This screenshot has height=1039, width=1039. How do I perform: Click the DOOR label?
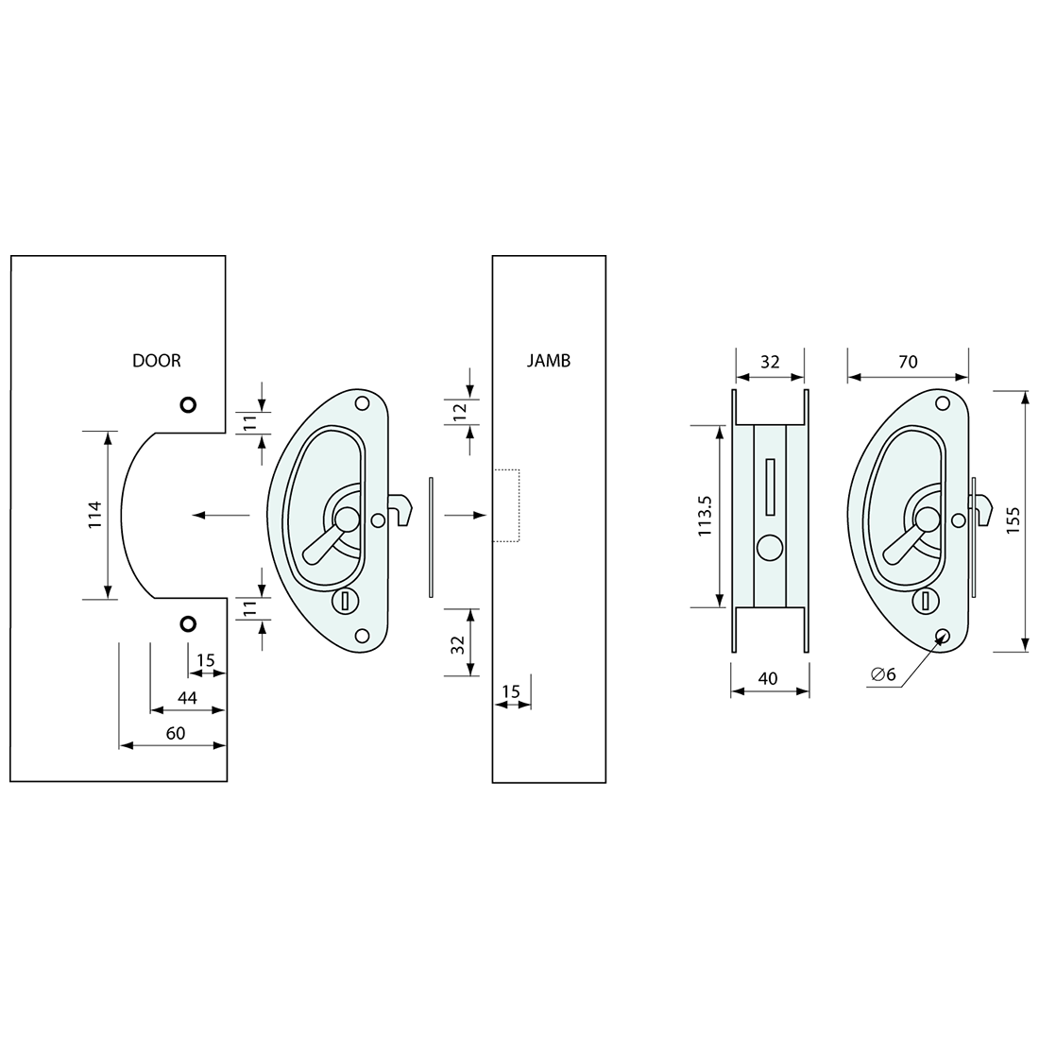[157, 361]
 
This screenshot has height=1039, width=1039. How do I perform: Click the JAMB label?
[549, 361]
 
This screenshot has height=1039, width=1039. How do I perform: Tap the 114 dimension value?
[95, 515]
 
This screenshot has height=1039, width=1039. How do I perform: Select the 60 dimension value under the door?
[176, 733]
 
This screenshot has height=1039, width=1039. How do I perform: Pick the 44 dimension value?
[188, 698]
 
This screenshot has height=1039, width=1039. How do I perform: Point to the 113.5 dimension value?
[705, 516]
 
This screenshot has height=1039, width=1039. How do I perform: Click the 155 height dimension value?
[1013, 521]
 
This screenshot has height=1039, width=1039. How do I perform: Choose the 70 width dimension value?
[908, 362]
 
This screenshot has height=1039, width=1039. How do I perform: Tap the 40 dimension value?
[768, 678]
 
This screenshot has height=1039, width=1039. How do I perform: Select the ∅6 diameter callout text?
[883, 674]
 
